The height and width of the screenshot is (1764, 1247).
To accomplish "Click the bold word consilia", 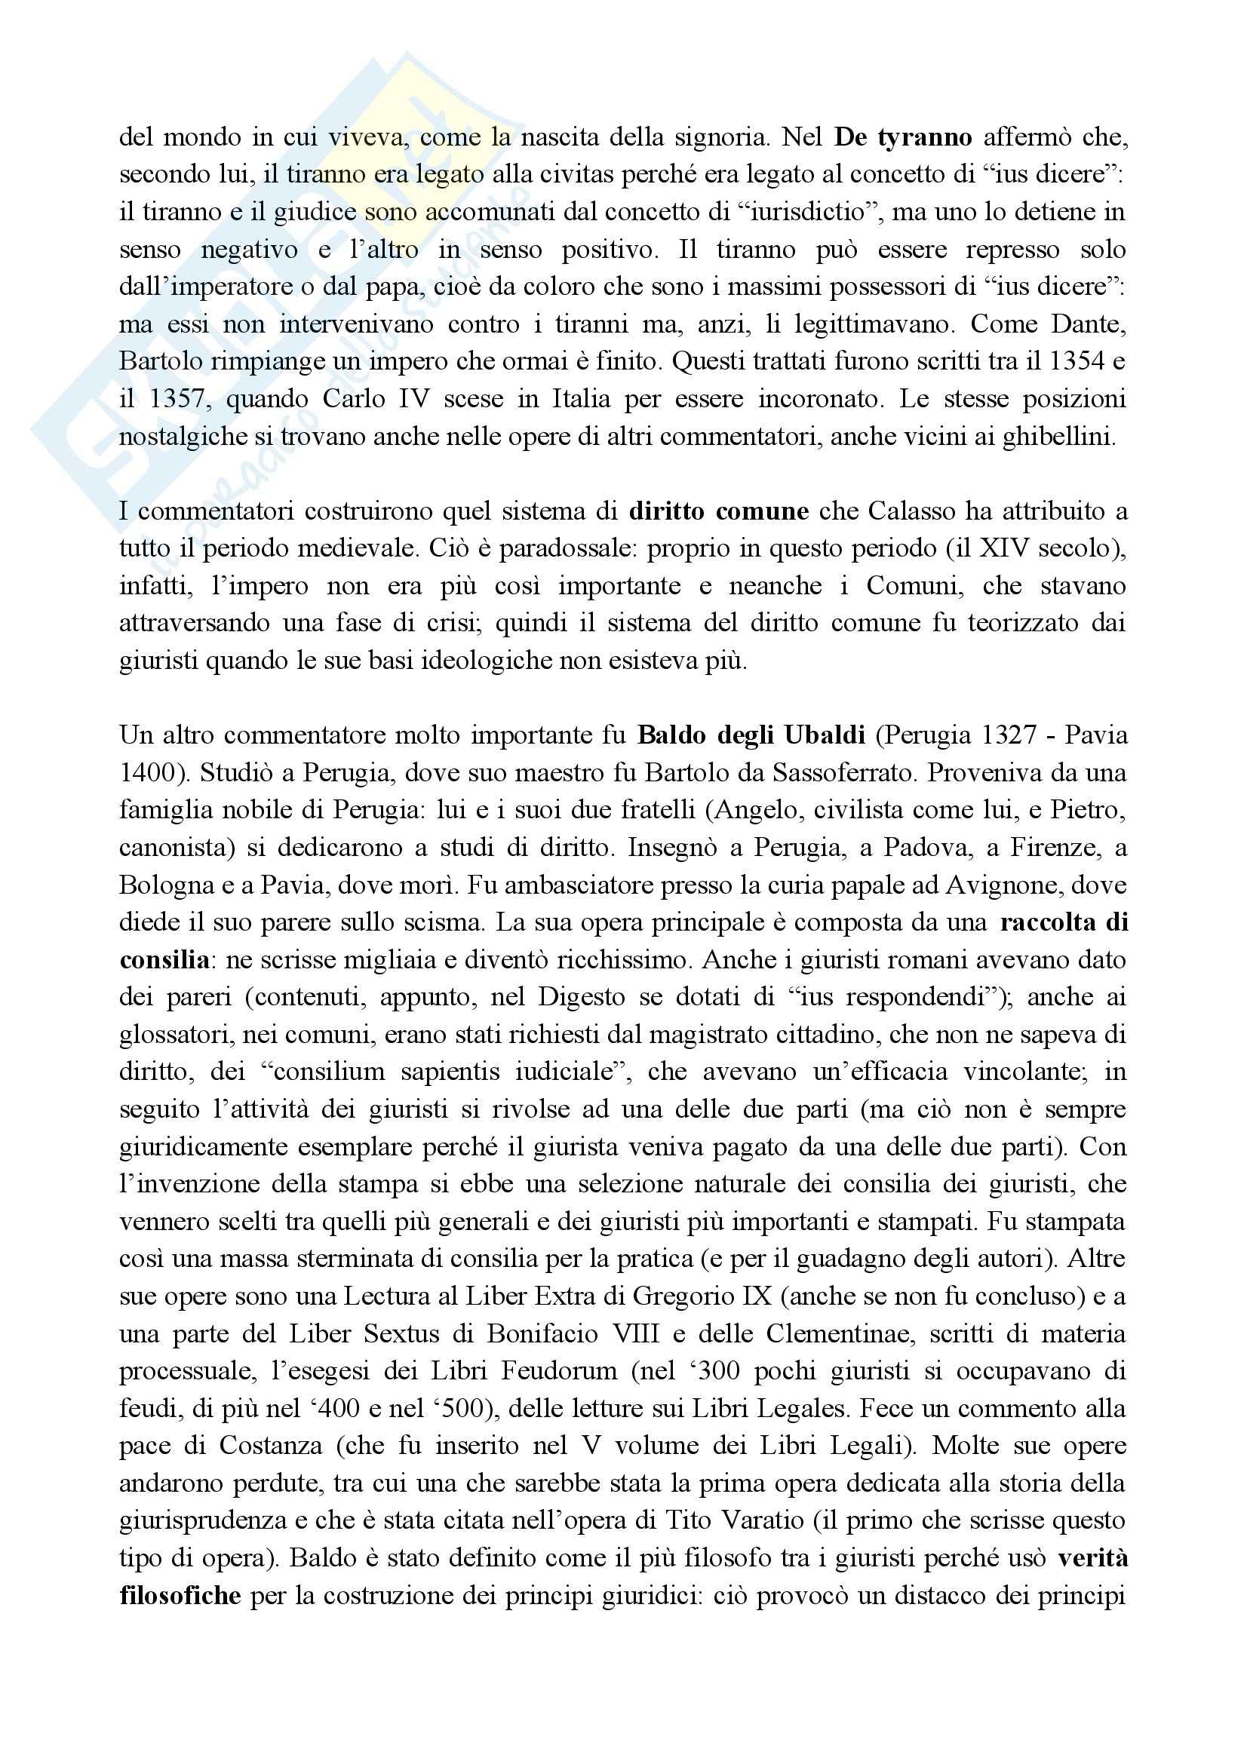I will [x=164, y=959].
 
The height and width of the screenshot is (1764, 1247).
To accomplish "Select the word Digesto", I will [x=586, y=997].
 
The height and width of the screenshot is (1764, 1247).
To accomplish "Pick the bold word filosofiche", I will [x=180, y=1594].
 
